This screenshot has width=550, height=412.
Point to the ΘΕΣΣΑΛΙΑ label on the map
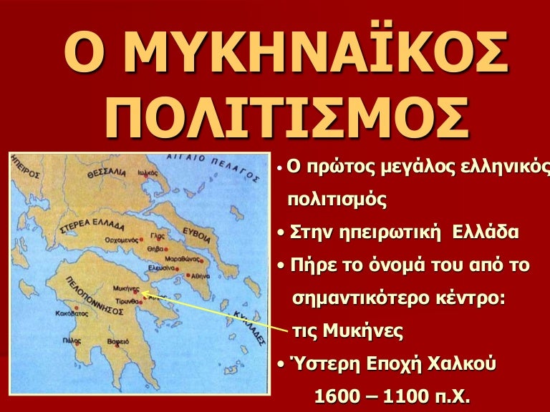pyautogui.click(x=105, y=173)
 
